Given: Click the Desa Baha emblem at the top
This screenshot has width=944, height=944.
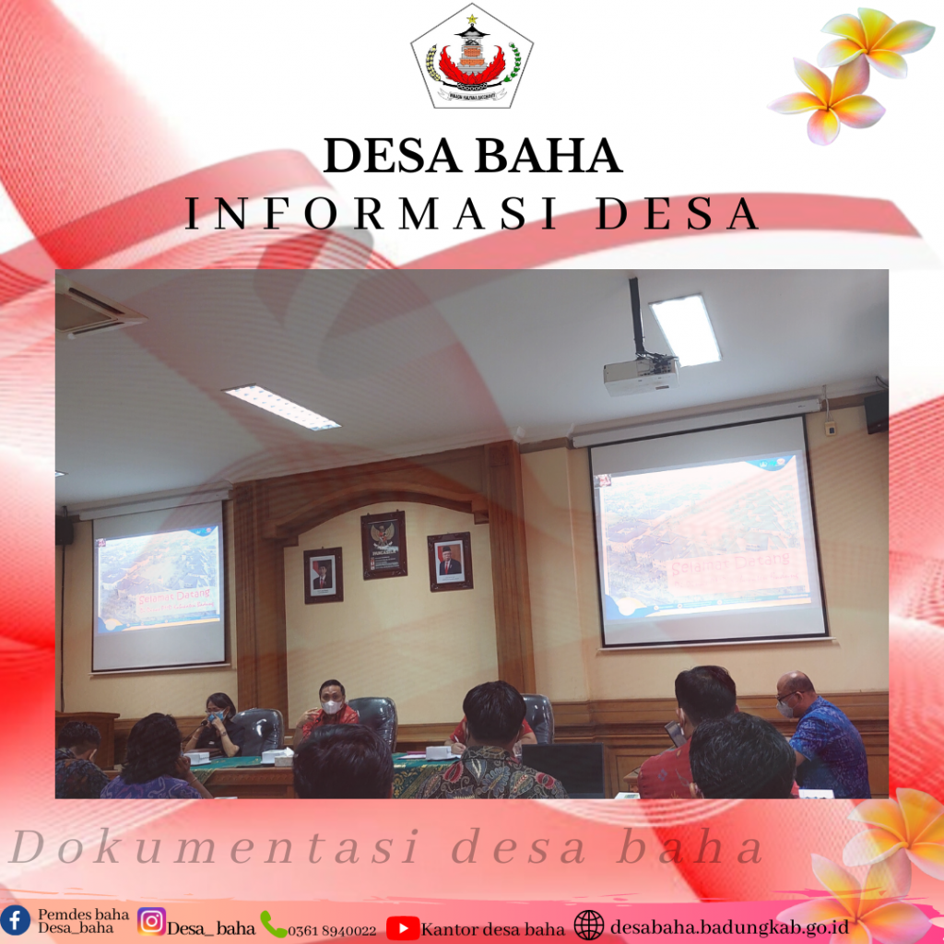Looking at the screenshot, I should (x=471, y=57).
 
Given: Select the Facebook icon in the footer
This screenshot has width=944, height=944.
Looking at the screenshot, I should (x=15, y=919).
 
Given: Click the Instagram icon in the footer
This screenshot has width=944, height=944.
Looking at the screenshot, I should (x=151, y=921).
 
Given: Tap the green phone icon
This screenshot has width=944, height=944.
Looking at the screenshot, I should (x=273, y=924).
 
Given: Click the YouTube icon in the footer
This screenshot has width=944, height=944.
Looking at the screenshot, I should (x=403, y=926).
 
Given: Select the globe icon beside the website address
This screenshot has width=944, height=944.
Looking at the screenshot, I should (x=589, y=925).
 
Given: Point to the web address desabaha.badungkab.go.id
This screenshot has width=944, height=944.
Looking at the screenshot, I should (x=729, y=925).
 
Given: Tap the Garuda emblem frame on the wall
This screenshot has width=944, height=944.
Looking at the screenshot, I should (x=383, y=544).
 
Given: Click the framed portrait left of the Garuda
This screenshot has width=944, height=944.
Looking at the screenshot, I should (x=323, y=575).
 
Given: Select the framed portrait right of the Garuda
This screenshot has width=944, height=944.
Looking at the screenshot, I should (x=450, y=561).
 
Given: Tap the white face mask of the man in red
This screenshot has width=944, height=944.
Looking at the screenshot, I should (x=332, y=707).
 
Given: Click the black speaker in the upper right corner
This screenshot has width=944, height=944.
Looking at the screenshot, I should (x=876, y=412).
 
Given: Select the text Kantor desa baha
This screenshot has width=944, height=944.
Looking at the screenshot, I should (x=492, y=927).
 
